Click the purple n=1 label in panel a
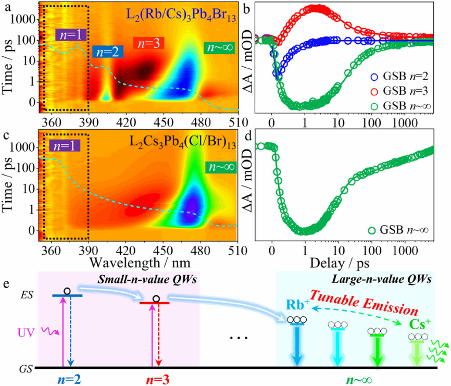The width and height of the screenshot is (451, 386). click(68, 35)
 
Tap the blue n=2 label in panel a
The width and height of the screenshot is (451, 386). click(105, 52)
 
